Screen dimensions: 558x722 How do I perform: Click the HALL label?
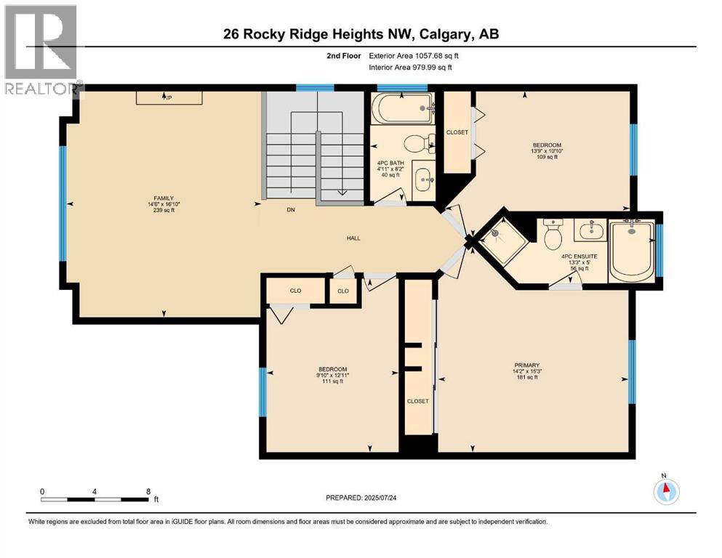(x=353, y=238)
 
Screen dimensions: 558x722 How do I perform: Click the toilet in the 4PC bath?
(x=417, y=143)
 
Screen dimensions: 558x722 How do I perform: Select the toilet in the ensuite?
(x=553, y=234)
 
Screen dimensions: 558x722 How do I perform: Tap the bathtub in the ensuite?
(x=632, y=251)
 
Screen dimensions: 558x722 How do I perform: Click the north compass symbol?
(x=665, y=490)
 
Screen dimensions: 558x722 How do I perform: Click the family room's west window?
(x=63, y=203)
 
